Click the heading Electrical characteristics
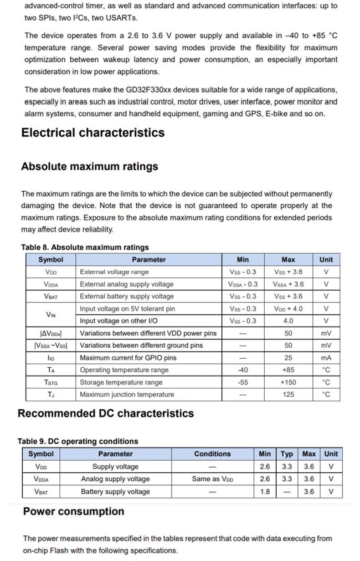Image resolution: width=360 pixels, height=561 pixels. [x=93, y=133]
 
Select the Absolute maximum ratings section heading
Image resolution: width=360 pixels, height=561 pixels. [x=89, y=166]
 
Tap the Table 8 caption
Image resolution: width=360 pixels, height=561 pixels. [x=85, y=247]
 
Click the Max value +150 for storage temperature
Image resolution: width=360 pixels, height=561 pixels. [x=288, y=382]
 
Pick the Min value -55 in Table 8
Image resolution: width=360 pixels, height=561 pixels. [x=243, y=382]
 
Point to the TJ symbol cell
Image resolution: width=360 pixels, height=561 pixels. [x=51, y=395]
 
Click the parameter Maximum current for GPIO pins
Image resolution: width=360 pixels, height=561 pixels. [x=128, y=358]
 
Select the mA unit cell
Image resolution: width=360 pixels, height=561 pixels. [x=326, y=358]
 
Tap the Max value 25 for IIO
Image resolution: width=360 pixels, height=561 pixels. [x=288, y=358]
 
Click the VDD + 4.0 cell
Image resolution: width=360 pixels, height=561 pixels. [x=288, y=309]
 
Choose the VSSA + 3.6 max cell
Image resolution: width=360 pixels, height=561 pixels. [x=288, y=284]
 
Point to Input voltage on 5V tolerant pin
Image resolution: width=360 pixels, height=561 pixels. [x=127, y=309]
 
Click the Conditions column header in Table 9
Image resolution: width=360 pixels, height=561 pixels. [x=212, y=454]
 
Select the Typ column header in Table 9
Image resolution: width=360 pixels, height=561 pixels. [x=287, y=454]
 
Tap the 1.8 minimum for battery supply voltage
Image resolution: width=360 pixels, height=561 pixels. [x=265, y=492]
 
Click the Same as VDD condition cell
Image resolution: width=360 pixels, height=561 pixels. [x=212, y=479]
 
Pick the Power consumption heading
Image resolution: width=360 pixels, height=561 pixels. [x=74, y=511]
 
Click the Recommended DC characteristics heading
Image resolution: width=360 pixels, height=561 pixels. [x=106, y=413]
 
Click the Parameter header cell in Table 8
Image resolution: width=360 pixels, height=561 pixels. [x=149, y=260]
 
